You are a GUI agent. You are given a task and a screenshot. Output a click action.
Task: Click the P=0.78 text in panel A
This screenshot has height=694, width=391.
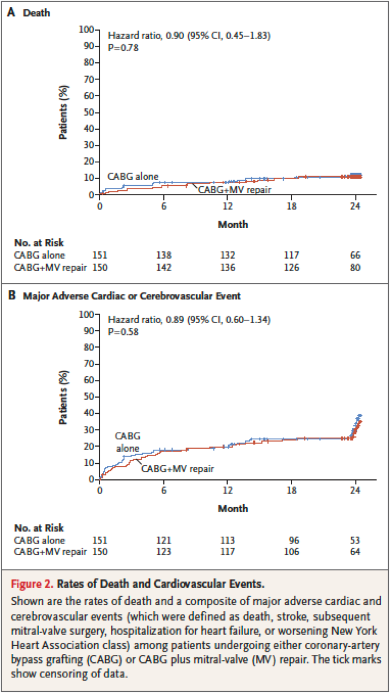point(122,47)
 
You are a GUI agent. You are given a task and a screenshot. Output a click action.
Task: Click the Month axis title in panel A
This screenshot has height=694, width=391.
point(233,225)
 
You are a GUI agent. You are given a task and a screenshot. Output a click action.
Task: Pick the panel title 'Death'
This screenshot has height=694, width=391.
point(36,12)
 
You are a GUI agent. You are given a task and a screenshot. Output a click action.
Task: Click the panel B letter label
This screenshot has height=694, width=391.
point(11,296)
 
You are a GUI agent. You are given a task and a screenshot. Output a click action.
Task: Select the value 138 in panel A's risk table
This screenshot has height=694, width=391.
point(164,255)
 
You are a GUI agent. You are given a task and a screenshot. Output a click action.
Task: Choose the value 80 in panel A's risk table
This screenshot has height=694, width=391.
point(355,267)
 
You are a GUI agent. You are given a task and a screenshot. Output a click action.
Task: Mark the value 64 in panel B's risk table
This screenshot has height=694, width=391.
point(355,552)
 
